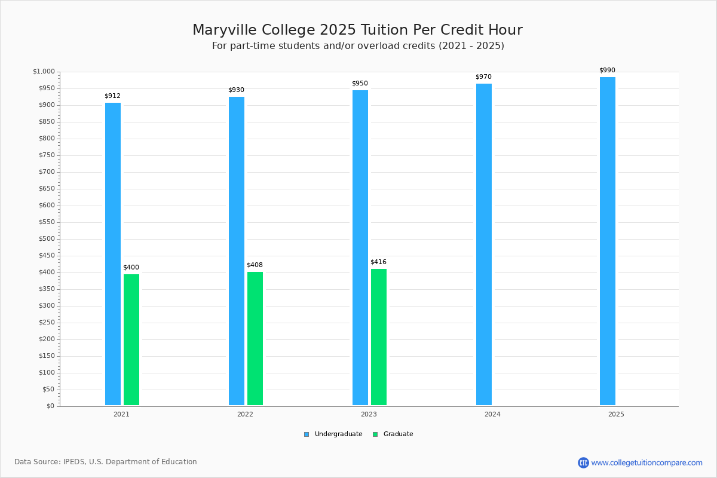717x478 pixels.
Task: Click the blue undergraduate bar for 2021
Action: pyautogui.click(x=113, y=254)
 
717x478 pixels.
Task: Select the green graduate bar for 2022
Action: pyautogui.click(x=255, y=338)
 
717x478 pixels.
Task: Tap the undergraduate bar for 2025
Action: pyautogui.click(x=608, y=241)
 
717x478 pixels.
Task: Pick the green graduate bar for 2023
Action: pyautogui.click(x=379, y=337)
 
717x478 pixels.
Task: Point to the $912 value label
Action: pyautogui.click(x=113, y=96)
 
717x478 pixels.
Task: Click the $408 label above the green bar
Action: pyautogui.click(x=255, y=265)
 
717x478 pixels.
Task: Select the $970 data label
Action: pyautogui.click(x=483, y=76)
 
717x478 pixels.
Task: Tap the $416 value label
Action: pyautogui.click(x=378, y=262)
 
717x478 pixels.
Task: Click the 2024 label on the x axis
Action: pyautogui.click(x=492, y=414)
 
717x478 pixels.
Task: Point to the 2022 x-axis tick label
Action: pyautogui.click(x=245, y=414)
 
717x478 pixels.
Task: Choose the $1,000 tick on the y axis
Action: pyautogui.click(x=44, y=71)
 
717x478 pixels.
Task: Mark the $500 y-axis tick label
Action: pyautogui.click(x=47, y=239)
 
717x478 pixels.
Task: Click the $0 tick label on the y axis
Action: pyautogui.click(x=51, y=406)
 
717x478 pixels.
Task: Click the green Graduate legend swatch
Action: pyautogui.click(x=375, y=434)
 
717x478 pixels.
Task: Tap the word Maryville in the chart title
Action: pyautogui.click(x=225, y=30)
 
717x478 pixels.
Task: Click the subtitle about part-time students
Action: pyautogui.click(x=358, y=46)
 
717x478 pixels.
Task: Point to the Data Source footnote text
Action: pyautogui.click(x=106, y=462)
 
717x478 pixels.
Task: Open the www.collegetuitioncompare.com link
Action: pyautogui.click(x=646, y=462)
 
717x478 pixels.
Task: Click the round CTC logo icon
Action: pyautogui.click(x=583, y=462)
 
